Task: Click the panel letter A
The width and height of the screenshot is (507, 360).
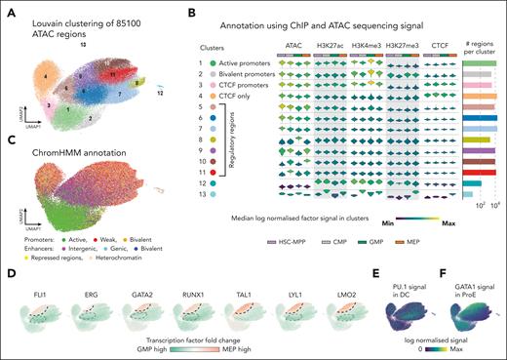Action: tap(10, 9)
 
